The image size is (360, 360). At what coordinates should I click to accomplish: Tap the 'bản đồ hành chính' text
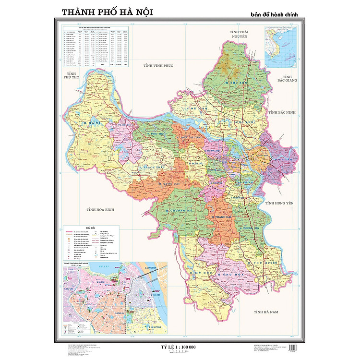274,14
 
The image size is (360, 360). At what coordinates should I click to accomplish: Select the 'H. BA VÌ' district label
91,124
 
